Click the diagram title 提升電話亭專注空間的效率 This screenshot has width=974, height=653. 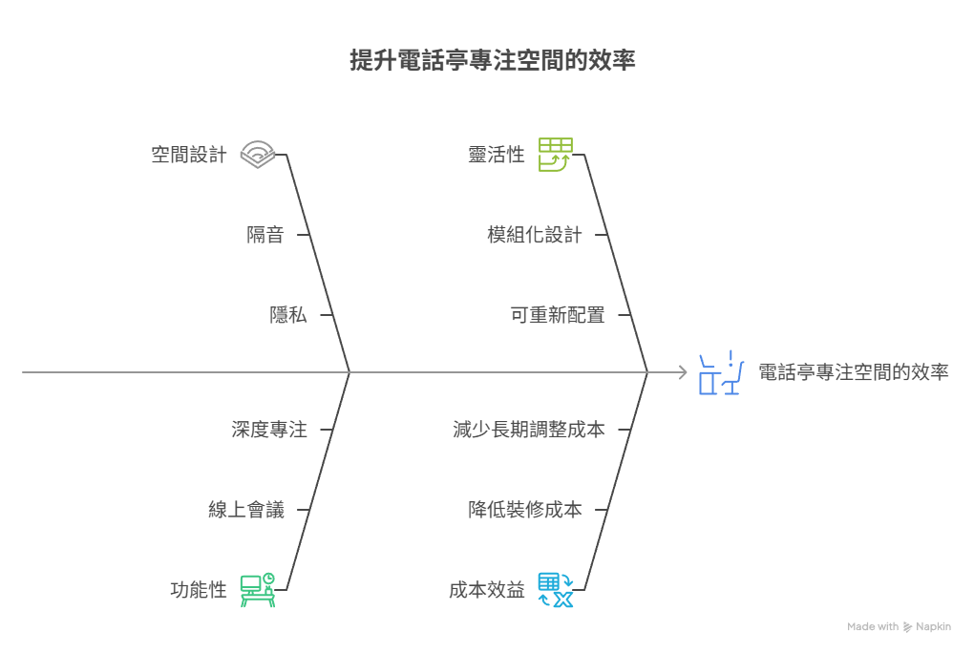(493, 61)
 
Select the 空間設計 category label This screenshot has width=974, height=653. (189, 155)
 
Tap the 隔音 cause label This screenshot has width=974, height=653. (265, 235)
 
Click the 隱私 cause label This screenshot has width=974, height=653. (288, 315)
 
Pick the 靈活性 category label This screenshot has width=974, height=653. (497, 155)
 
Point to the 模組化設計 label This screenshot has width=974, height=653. (535, 235)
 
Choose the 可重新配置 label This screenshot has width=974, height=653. (558, 315)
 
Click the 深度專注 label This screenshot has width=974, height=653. (269, 430)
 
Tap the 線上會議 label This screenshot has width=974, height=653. (246, 510)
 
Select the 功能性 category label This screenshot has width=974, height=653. (199, 590)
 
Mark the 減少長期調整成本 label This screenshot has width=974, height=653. (529, 430)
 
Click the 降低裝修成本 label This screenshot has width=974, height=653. (525, 510)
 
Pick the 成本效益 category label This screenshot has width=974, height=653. (487, 590)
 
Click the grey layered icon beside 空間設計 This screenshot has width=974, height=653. (258, 154)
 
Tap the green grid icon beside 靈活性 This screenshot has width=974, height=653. (555, 154)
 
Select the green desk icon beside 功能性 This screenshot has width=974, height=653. (257, 590)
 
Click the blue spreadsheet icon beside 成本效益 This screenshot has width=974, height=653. (555, 590)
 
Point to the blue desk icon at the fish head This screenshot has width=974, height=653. (721, 373)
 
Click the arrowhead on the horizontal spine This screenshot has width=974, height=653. (682, 372)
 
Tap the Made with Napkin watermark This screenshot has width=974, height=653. (899, 627)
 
